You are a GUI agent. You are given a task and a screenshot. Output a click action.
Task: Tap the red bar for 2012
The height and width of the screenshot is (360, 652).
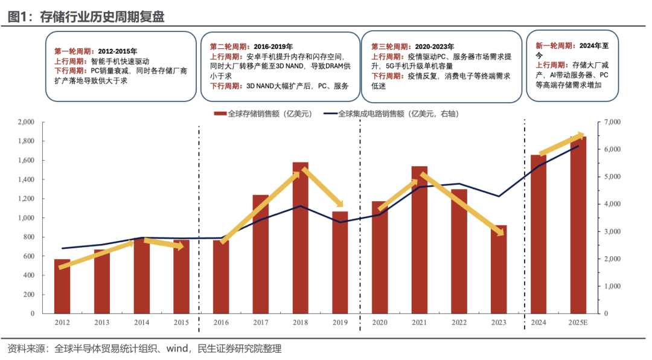pos(62,286)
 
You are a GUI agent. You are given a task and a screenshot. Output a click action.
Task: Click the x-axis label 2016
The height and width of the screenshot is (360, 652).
pos(220,323)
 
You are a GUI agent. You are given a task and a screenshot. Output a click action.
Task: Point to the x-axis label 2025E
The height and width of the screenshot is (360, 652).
pos(578,323)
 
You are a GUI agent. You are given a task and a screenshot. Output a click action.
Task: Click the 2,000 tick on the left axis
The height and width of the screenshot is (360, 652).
pos(26,122)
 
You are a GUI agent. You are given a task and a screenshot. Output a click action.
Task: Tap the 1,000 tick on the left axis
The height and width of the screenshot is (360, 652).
pos(26,218)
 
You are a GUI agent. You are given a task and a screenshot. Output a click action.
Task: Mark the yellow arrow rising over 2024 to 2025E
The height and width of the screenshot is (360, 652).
pos(561,144)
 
